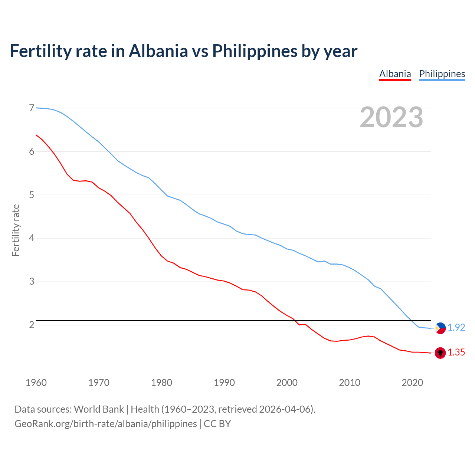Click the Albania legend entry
click(x=395, y=74)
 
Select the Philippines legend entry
click(x=442, y=74)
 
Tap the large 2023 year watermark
click(x=392, y=117)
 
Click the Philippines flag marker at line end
click(x=440, y=328)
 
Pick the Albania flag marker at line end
click(x=440, y=353)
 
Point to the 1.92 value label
click(x=456, y=327)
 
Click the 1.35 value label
click(x=456, y=353)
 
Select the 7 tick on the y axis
click(x=32, y=108)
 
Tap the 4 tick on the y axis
click(x=32, y=238)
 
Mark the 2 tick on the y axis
click(x=32, y=325)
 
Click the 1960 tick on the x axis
click(x=36, y=383)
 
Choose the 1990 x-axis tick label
click(x=224, y=383)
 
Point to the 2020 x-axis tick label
click(x=412, y=383)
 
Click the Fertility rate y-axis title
click(x=16, y=230)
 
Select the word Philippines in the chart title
click(x=255, y=51)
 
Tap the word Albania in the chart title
click(x=158, y=51)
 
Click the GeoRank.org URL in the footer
click(x=105, y=423)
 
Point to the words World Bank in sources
click(x=99, y=409)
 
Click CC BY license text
click(x=217, y=423)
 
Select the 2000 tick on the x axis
click(x=287, y=383)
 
